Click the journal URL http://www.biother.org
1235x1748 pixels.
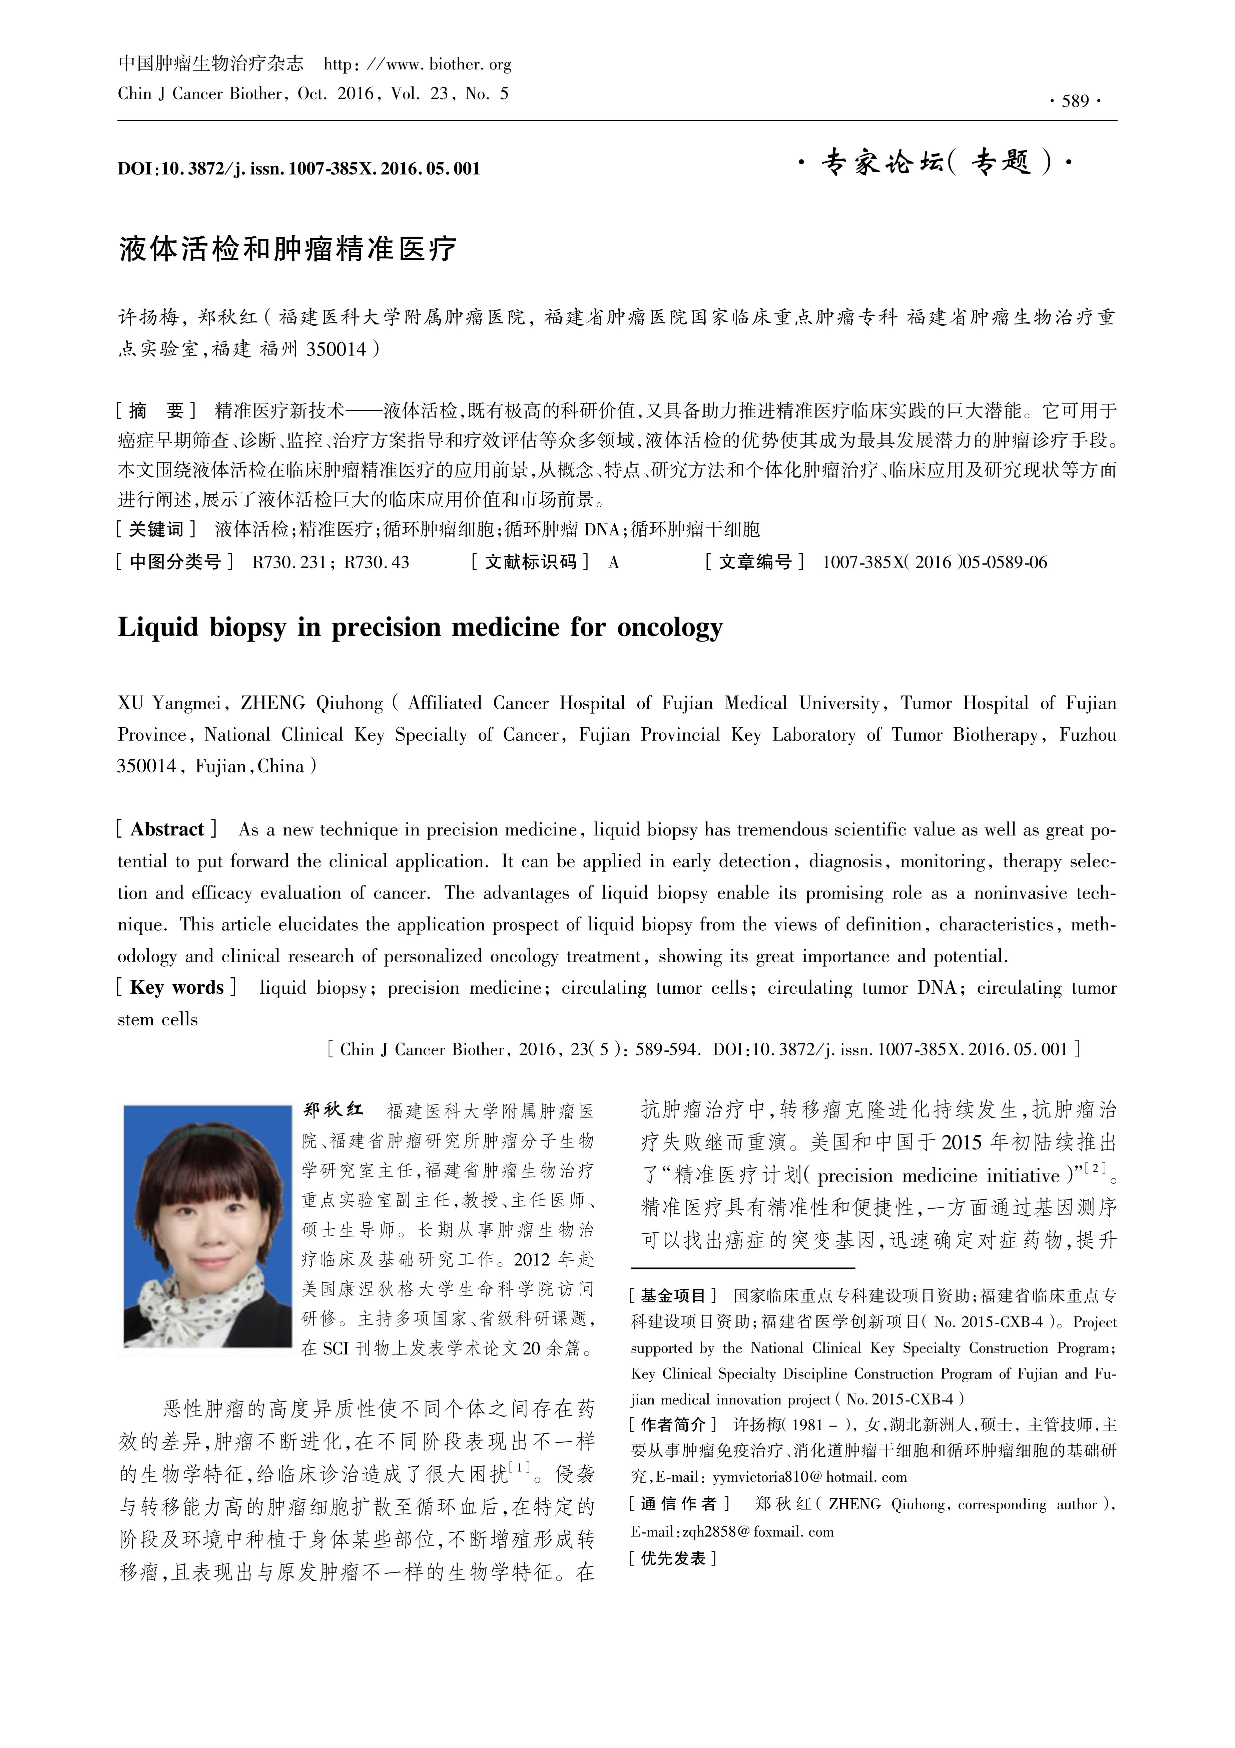pos(418,65)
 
